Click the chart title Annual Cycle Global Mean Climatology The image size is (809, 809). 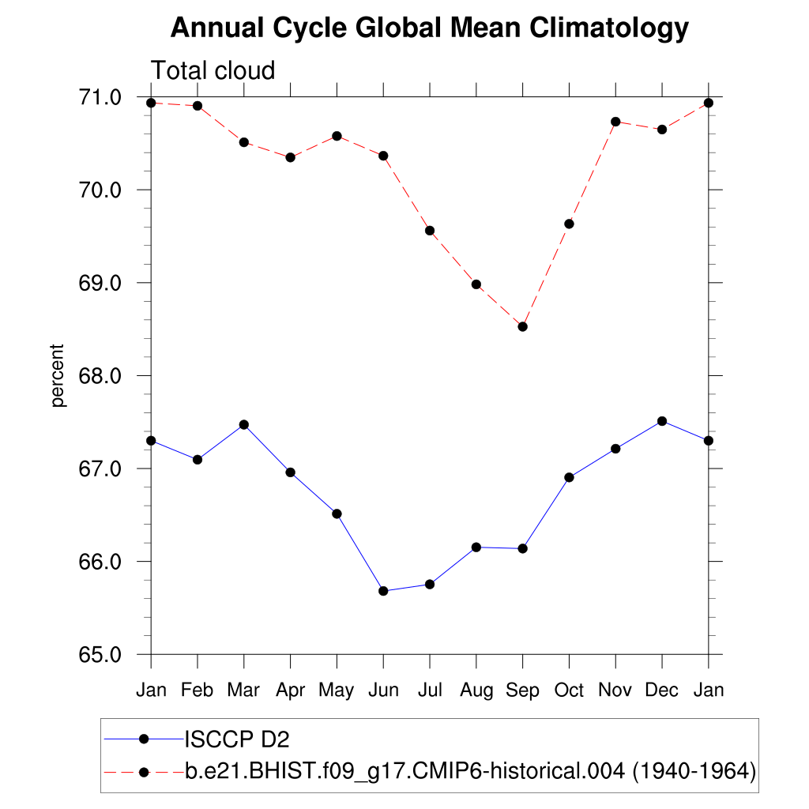(x=430, y=28)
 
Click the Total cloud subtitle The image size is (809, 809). (x=213, y=70)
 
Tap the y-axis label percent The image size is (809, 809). (x=57, y=375)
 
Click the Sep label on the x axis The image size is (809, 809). (x=522, y=690)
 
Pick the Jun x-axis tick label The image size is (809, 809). (x=383, y=690)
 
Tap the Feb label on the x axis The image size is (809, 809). (x=197, y=690)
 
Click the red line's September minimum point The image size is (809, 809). (x=522, y=326)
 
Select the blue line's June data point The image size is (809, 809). (x=383, y=591)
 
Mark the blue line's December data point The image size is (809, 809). (x=662, y=421)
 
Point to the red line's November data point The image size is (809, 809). (x=615, y=122)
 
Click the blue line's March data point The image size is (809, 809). (x=244, y=424)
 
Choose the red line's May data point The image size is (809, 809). (x=337, y=136)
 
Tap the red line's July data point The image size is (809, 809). (x=430, y=231)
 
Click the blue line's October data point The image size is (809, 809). (x=569, y=477)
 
